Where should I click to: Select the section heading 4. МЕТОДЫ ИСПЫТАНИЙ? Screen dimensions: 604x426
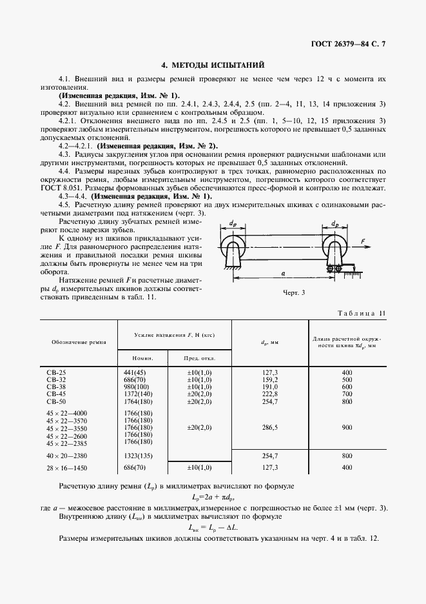[x=212, y=65]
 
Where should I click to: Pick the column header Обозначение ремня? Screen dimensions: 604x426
[x=76, y=341]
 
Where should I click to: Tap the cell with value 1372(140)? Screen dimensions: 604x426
[x=137, y=394]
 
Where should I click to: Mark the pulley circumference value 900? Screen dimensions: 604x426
[x=347, y=427]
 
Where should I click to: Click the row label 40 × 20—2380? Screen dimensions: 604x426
[x=67, y=456]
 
